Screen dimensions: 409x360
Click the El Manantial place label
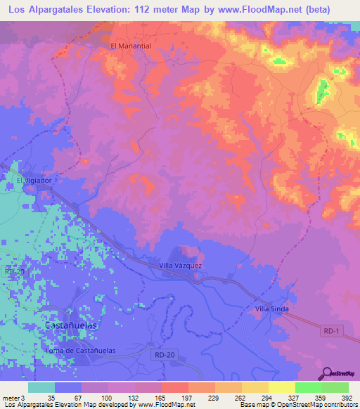(131, 46)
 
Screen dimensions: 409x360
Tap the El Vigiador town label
(35, 181)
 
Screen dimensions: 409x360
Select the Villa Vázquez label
(181, 266)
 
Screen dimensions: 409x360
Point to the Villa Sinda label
(272, 309)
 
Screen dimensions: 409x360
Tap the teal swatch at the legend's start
(41, 387)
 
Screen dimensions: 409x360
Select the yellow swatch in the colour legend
(281, 387)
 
